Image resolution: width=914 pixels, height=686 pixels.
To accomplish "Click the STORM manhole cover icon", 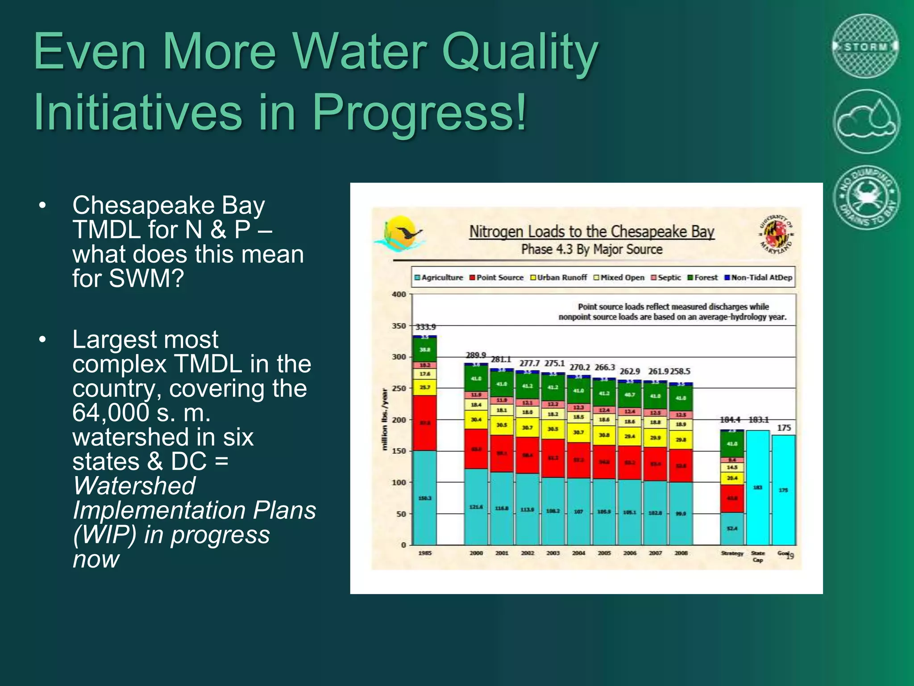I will tap(865, 46).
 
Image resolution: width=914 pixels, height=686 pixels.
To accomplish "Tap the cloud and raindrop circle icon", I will tap(866, 121).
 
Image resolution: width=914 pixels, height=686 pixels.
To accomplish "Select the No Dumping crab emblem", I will tap(866, 197).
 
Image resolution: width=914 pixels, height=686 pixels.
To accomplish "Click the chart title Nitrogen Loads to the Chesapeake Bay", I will tap(591, 232).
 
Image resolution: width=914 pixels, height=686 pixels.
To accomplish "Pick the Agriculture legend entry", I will tap(439, 277).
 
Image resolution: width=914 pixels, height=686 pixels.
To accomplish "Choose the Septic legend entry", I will tap(666, 277).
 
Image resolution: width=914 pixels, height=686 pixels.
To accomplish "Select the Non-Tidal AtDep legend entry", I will tap(758, 277).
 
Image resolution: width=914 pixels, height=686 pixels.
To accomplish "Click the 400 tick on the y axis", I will tap(399, 294).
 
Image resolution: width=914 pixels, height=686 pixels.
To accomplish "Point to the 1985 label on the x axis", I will tap(424, 553).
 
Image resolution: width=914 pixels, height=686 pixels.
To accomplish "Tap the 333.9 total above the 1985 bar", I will tap(425, 327).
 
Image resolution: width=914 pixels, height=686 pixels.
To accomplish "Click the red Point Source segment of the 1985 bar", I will tap(424, 422).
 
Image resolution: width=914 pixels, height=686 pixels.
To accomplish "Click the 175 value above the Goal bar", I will tap(784, 428).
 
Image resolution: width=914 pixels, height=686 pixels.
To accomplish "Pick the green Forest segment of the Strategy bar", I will tap(732, 444).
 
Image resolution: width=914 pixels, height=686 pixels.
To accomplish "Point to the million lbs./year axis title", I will tap(384, 419).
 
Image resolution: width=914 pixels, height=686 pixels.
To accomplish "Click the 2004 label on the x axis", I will tap(578, 553).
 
